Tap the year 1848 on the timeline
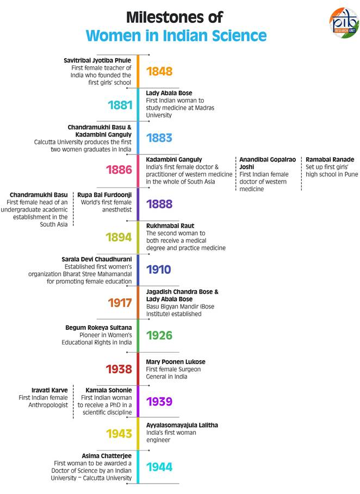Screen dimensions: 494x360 [x=159, y=72]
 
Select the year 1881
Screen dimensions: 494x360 [x=120, y=105]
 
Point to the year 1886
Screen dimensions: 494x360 [x=119, y=170]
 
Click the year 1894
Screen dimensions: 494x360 [x=119, y=237]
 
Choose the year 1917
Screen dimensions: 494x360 [x=120, y=303]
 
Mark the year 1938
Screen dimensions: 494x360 [x=119, y=369]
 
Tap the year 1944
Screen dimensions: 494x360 [x=159, y=467]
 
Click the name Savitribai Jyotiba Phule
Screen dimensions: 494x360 [x=98, y=60]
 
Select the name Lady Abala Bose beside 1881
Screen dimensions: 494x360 [x=169, y=93]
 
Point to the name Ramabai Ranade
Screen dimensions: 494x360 [x=330, y=159]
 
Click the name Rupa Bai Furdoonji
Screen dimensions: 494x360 [x=104, y=194]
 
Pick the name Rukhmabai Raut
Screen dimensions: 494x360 [x=170, y=226]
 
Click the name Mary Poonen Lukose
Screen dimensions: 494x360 [x=176, y=361]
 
